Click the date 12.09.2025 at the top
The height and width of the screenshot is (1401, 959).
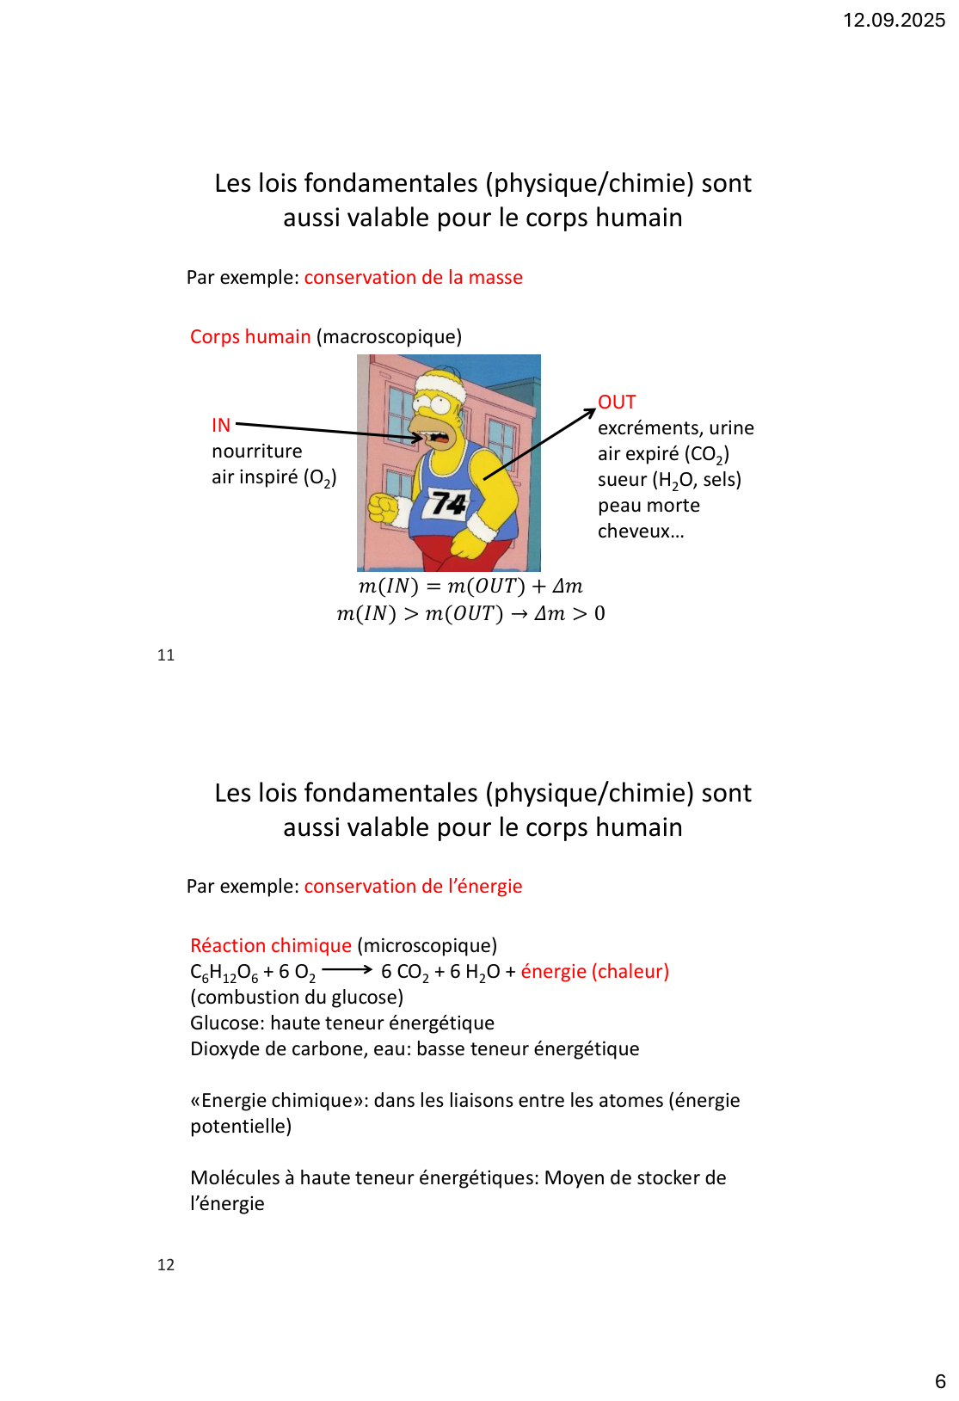[894, 21]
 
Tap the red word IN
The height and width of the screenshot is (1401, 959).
[221, 425]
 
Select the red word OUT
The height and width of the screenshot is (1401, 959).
[617, 402]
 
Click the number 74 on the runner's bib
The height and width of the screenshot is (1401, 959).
[448, 502]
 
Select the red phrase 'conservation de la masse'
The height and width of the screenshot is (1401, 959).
[413, 278]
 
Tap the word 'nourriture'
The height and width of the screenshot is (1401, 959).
[257, 452]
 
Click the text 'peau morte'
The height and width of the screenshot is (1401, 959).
[649, 506]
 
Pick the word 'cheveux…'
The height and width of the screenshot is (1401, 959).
[641, 532]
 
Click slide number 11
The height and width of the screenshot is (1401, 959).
[166, 655]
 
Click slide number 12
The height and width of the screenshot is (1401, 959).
[166, 1265]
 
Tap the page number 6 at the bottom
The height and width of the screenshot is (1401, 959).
[940, 1382]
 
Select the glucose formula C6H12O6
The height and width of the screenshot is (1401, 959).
[224, 973]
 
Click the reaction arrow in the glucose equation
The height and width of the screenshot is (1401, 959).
[347, 970]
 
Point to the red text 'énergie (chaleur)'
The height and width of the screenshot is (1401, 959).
[594, 972]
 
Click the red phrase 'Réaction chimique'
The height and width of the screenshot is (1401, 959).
[271, 946]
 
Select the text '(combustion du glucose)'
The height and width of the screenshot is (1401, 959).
[297, 998]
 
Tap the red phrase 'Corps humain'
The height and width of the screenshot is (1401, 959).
[250, 337]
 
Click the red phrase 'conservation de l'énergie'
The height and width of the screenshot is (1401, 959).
[413, 887]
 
